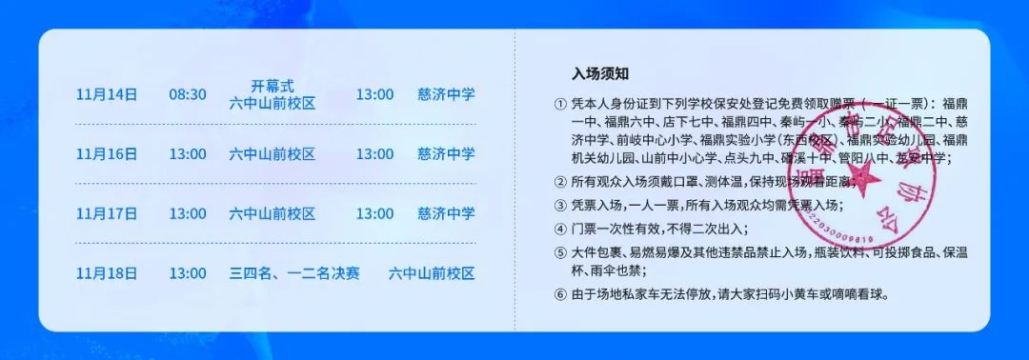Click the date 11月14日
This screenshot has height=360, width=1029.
tap(107, 94)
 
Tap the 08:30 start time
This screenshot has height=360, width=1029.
tap(188, 94)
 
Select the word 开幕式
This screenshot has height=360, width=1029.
tap(272, 85)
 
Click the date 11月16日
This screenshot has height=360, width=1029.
tap(107, 153)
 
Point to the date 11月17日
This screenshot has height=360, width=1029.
tap(107, 213)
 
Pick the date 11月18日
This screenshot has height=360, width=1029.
tap(107, 273)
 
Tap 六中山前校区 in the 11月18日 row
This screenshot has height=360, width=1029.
tap(432, 273)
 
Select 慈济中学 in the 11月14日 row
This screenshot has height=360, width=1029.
tap(446, 94)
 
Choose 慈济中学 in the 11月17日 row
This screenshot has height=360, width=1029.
tap(446, 213)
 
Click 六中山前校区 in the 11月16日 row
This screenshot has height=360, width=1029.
tap(272, 153)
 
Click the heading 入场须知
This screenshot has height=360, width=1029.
tap(599, 73)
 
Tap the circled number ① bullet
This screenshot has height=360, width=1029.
tap(559, 104)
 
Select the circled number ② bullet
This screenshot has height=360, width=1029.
tap(559, 182)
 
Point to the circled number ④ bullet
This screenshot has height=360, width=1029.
tap(559, 229)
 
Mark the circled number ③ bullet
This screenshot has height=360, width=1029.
tap(559, 205)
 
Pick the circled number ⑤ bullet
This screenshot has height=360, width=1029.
tap(559, 253)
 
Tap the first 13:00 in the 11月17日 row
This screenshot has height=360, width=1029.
tap(188, 213)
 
